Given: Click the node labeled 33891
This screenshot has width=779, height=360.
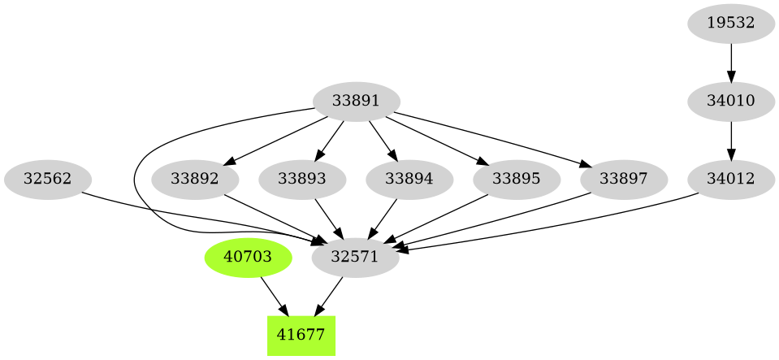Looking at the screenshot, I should point(356,102).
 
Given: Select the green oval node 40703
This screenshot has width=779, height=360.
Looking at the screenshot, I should point(248,257).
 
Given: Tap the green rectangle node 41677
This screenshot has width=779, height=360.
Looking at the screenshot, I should point(301,334).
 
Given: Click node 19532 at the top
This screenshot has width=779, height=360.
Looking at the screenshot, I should point(731,23).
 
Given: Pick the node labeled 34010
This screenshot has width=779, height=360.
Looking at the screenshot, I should point(731,102).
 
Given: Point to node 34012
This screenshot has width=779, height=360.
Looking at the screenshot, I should point(731,179).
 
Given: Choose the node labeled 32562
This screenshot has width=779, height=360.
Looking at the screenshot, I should point(47,179).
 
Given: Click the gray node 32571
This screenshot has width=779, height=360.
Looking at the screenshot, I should point(356,257).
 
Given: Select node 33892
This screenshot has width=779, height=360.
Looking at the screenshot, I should point(196,179).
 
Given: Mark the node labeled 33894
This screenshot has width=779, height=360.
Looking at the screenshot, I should point(409,179).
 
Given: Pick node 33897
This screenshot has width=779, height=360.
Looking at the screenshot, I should point(623,179).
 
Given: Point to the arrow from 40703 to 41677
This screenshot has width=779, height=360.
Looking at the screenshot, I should point(274,295).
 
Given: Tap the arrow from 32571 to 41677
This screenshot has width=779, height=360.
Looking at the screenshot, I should point(330,295).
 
